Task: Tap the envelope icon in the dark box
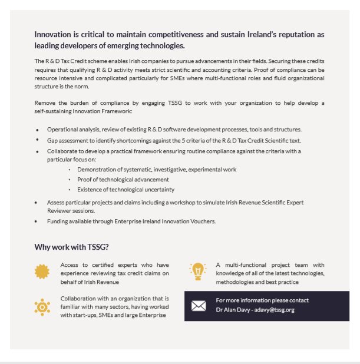[x=199, y=306]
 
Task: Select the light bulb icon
[x=198, y=271]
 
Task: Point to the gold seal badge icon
[x=42, y=271]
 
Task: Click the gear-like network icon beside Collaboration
[x=42, y=306]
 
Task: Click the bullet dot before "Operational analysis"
[x=37, y=129]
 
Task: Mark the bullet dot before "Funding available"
[x=37, y=221]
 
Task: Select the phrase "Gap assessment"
[x=67, y=140]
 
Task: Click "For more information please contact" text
[x=262, y=300]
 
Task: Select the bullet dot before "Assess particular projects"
[x=37, y=203]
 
